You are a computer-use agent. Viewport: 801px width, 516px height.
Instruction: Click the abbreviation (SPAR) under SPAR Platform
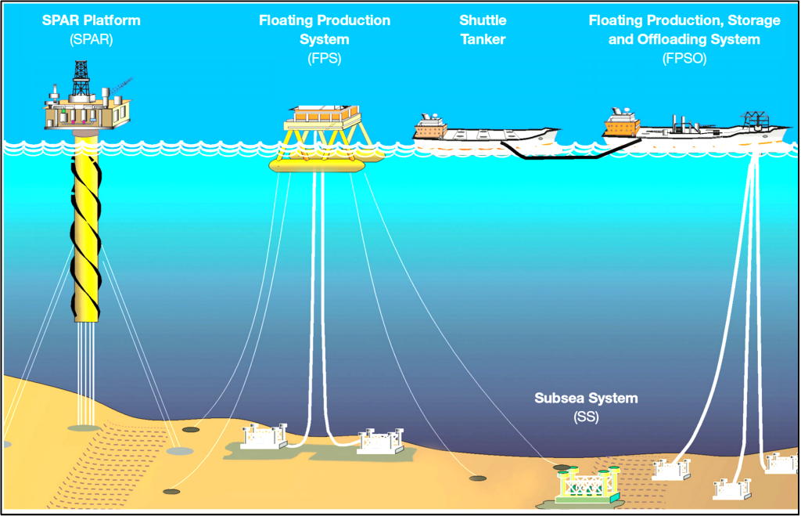(91, 39)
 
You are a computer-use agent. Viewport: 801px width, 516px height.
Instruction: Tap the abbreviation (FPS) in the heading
(324, 58)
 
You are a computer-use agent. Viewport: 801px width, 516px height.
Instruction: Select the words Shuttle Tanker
(483, 29)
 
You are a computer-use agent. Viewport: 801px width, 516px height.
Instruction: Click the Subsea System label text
(586, 399)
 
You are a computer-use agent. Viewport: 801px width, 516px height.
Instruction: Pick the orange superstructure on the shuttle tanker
(429, 127)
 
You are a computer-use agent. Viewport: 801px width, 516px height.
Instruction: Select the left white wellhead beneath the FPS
(263, 436)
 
